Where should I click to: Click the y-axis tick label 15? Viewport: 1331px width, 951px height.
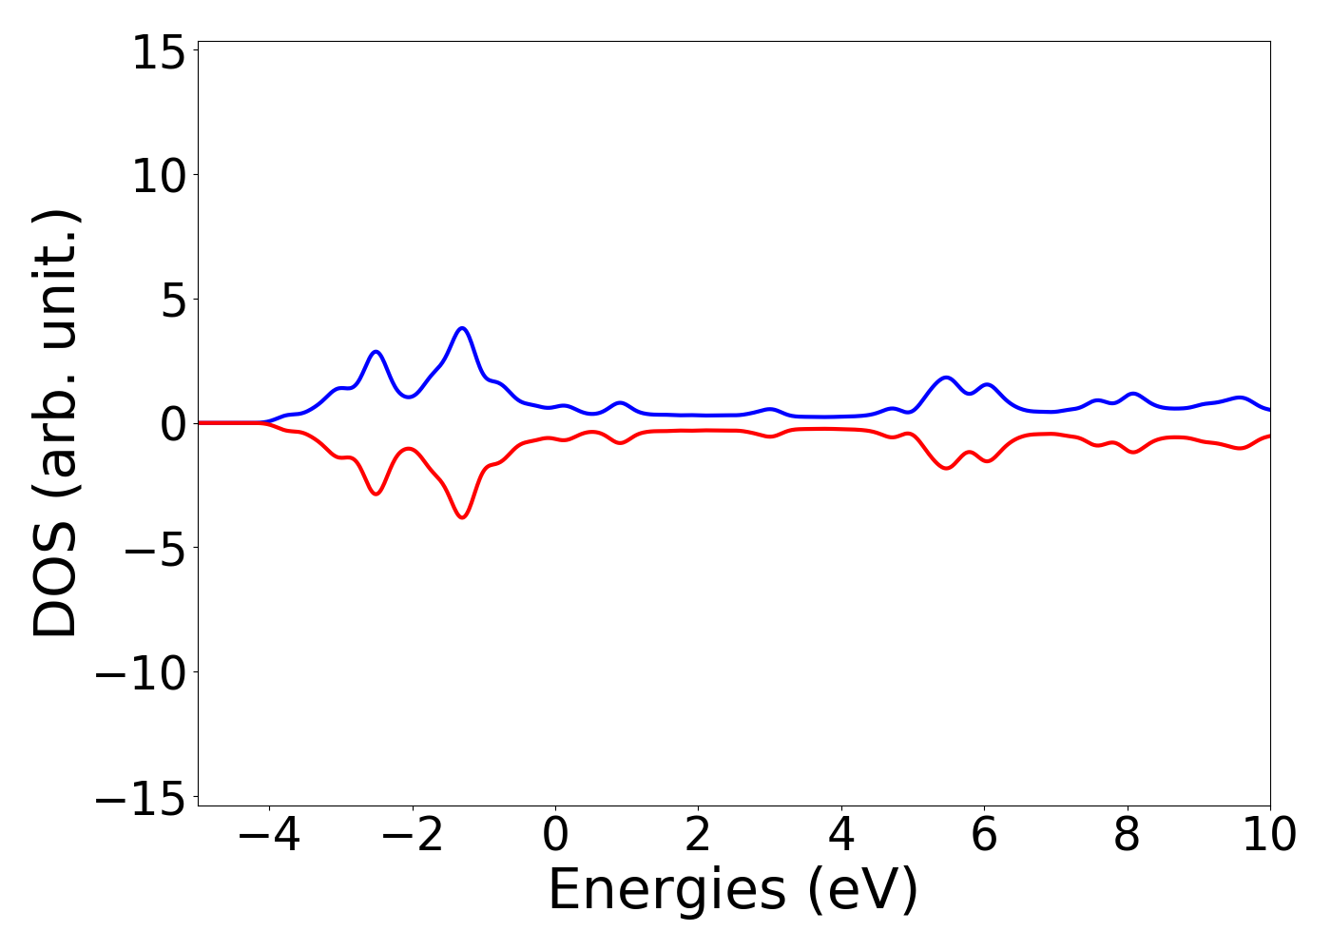tap(158, 54)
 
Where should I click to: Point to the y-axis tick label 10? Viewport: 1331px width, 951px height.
tap(158, 178)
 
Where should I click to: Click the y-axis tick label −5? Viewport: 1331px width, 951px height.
tap(145, 551)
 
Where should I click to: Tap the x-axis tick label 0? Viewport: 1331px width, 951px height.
tap(555, 835)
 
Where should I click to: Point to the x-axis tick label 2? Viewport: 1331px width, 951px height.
tap(698, 835)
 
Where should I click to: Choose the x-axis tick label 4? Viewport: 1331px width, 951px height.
tap(841, 835)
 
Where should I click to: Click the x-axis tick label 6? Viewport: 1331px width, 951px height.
tap(984, 835)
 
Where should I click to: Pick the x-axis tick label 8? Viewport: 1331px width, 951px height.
tap(1127, 835)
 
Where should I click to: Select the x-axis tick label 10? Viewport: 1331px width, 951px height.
tap(1268, 835)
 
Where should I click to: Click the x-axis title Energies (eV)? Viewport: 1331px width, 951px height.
tap(733, 891)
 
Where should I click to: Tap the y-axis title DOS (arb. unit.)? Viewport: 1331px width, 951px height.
tap(56, 423)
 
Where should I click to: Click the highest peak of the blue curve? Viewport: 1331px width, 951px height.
tap(463, 328)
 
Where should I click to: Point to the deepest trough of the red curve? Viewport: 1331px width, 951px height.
tap(463, 517)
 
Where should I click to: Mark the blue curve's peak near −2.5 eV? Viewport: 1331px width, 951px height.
tap(376, 352)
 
